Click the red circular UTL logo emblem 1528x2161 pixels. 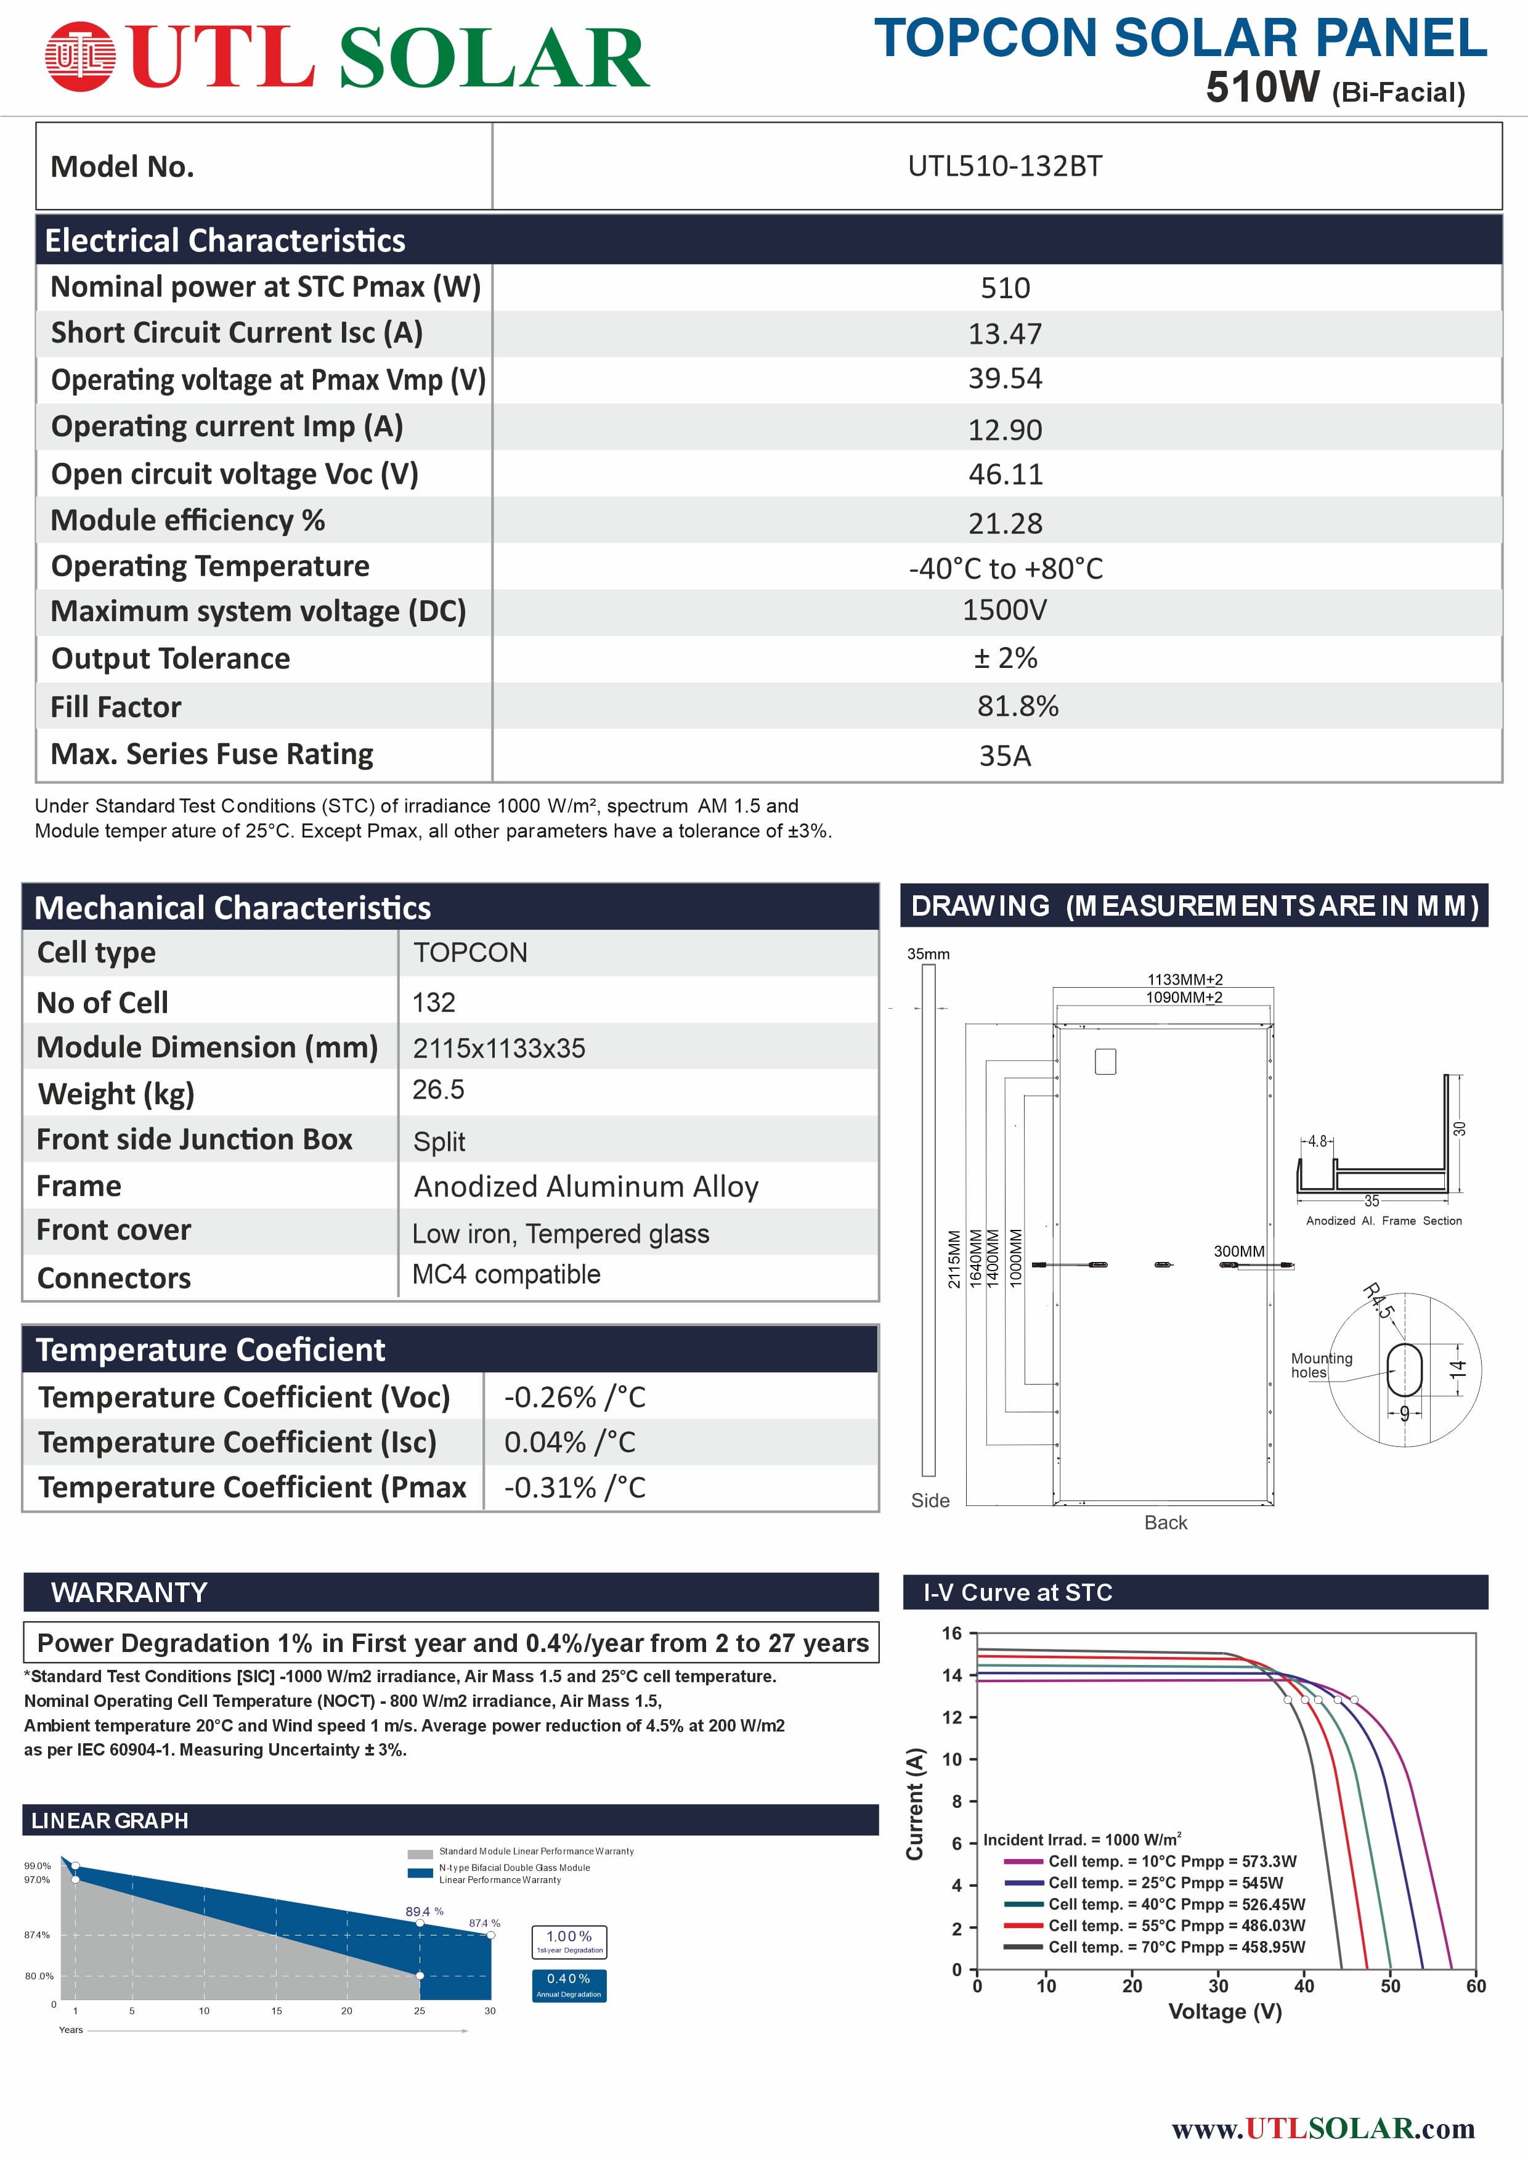pyautogui.click(x=80, y=57)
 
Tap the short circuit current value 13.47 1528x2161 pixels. pyautogui.click(x=1005, y=334)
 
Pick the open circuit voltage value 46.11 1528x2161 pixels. pyautogui.click(x=1005, y=474)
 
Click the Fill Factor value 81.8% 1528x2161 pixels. pyautogui.click(x=1017, y=706)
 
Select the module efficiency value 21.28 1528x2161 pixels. pyautogui.click(x=1005, y=523)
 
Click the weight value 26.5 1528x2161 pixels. pyautogui.click(x=439, y=1090)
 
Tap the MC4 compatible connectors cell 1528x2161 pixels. pyautogui.click(x=506, y=1274)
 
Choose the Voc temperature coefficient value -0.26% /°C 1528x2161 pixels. pyautogui.click(x=575, y=1398)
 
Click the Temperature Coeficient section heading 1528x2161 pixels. pyautogui.click(x=211, y=1349)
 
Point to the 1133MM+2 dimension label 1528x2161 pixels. pyautogui.click(x=1185, y=980)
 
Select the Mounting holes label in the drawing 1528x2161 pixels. pyautogui.click(x=1320, y=1365)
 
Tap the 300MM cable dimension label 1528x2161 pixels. pyautogui.click(x=1238, y=1251)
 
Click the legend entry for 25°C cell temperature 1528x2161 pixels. pyautogui.click(x=1165, y=1883)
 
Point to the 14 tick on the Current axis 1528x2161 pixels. pyautogui.click(x=952, y=1675)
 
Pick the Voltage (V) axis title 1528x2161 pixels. pyautogui.click(x=1225, y=2011)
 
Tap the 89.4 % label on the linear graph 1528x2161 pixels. pyautogui.click(x=425, y=1911)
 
